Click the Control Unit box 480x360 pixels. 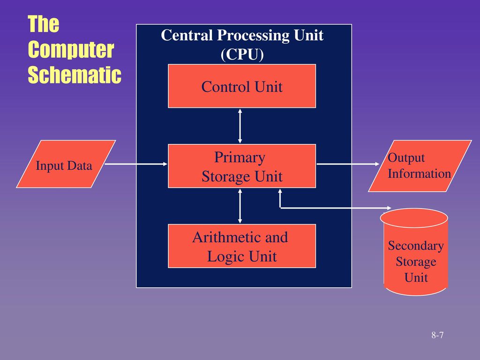pyautogui.click(x=242, y=86)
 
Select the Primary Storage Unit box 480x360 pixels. pyautogui.click(x=242, y=166)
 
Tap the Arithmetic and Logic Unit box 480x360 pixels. pyautogui.click(x=242, y=246)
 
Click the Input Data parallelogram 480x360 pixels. pyautogui.click(x=66, y=164)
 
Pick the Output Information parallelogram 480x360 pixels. pyautogui.click(x=420, y=166)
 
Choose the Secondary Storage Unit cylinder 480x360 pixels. pyautogui.click(x=414, y=252)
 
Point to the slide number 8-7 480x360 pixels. pyautogui.click(x=437, y=335)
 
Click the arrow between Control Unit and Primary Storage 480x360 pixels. pyautogui.click(x=240, y=126)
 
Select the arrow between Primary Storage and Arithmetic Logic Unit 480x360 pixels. pyautogui.click(x=240, y=206)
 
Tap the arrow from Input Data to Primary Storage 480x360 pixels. pyautogui.click(x=136, y=164)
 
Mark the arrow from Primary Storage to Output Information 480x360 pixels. pyautogui.click(x=348, y=164)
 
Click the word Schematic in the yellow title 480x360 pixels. pyautogui.click(x=75, y=75)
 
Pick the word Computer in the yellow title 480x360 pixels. pyautogui.click(x=71, y=49)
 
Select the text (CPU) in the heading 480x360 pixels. pyautogui.click(x=242, y=54)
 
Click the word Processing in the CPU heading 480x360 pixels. pyautogui.click(x=254, y=36)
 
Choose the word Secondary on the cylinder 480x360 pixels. pyautogui.click(x=416, y=246)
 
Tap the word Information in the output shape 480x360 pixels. pyautogui.click(x=420, y=173)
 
